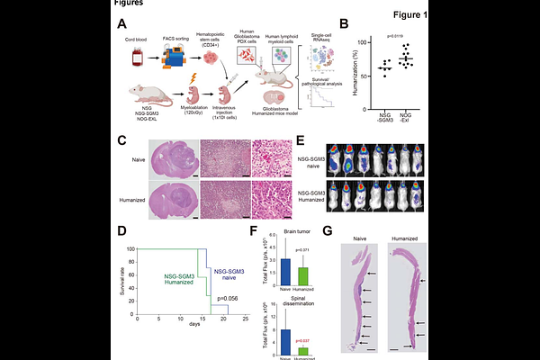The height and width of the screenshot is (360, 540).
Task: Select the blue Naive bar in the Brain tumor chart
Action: (285, 271)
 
